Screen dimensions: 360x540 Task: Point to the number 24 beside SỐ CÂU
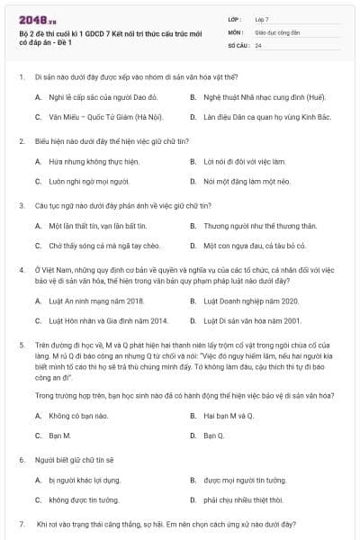pos(258,44)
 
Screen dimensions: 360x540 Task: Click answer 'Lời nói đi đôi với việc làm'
pos(244,161)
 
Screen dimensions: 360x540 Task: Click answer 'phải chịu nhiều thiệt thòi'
pos(243,499)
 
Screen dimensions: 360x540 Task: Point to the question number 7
pos(21,523)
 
